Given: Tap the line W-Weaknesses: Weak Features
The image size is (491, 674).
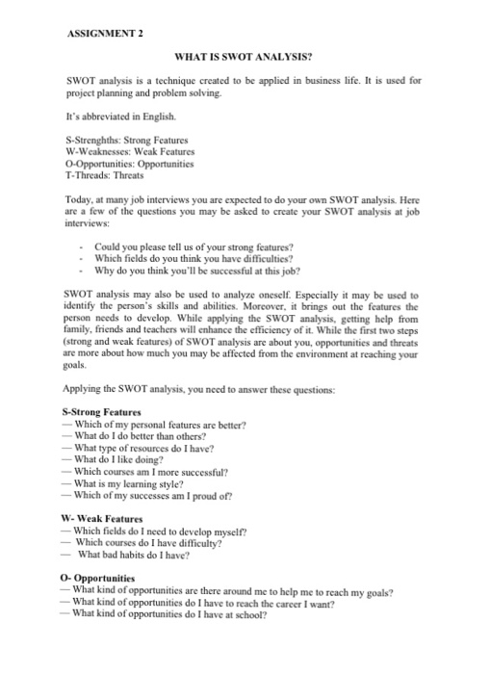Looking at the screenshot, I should (x=128, y=152).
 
